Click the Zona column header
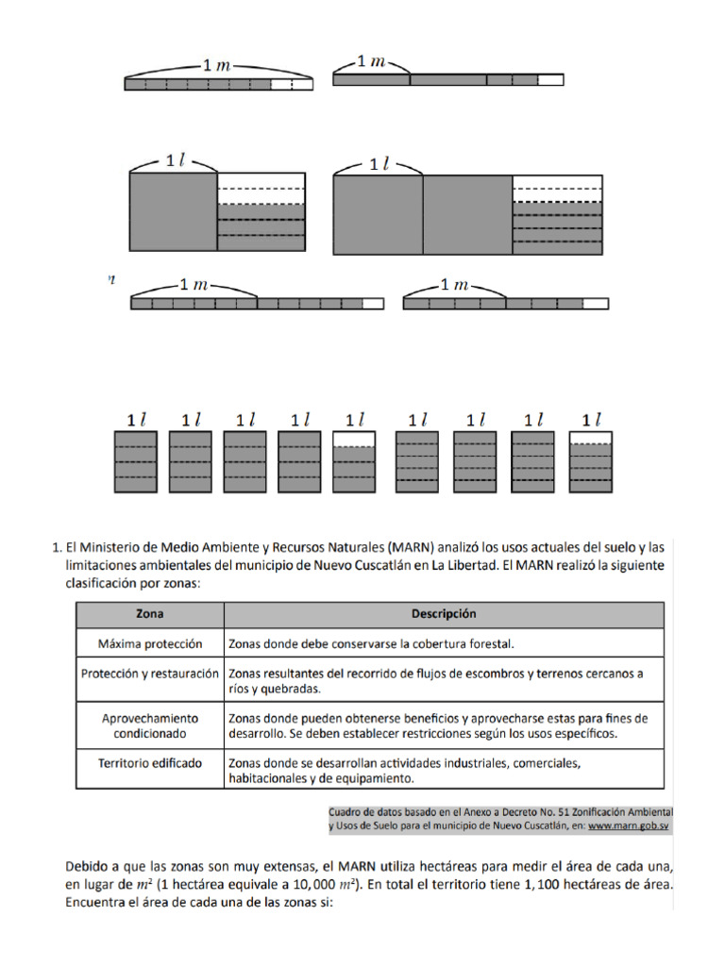(149, 614)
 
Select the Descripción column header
(443, 614)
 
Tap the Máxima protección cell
(149, 643)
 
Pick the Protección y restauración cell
(149, 674)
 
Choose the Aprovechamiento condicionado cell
(149, 724)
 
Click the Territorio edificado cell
(149, 762)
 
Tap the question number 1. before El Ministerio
(54, 546)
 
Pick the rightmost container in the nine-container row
(592, 461)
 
